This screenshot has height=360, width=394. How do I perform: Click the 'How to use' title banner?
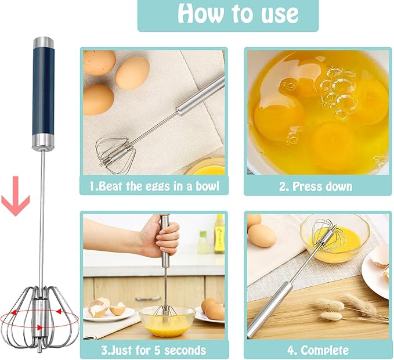point(227,15)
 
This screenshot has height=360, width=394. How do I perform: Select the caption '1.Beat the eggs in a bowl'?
point(154,186)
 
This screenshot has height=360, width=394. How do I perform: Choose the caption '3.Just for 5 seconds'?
point(154,350)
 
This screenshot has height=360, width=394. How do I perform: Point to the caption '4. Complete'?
point(317,350)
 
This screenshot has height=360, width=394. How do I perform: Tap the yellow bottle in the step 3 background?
point(219,233)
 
